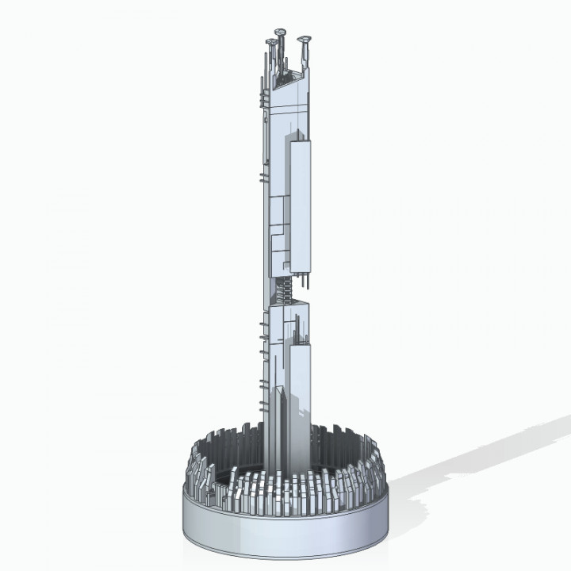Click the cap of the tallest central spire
pyautogui.click(x=281, y=31)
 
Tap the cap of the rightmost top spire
pyautogui.click(x=302, y=38)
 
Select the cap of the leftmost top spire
pyautogui.click(x=270, y=41)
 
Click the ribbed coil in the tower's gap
pyautogui.click(x=286, y=290)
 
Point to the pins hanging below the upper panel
pyautogui.click(x=302, y=280)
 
